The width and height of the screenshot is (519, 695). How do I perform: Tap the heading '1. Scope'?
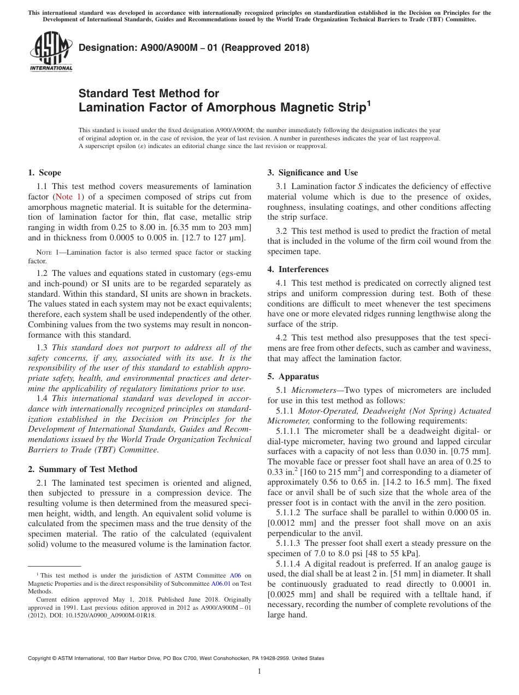pyautogui.click(x=45, y=173)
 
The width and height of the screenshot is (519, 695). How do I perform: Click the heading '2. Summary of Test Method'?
pyautogui.click(x=82, y=469)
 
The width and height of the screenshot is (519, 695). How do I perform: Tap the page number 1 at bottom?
pyautogui.click(x=259, y=671)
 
